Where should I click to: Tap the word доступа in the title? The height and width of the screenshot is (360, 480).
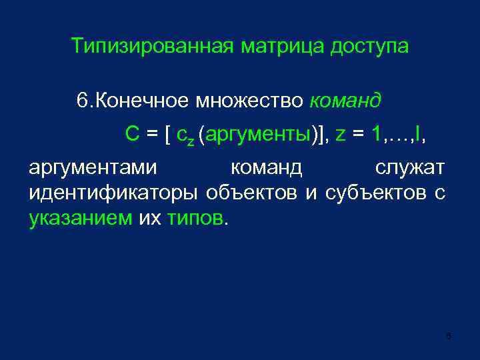tap(369, 47)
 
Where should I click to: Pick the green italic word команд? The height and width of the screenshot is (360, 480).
tap(346, 101)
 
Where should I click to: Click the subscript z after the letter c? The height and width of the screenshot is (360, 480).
tap(191, 140)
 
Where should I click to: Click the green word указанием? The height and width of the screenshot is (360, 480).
tap(81, 219)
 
